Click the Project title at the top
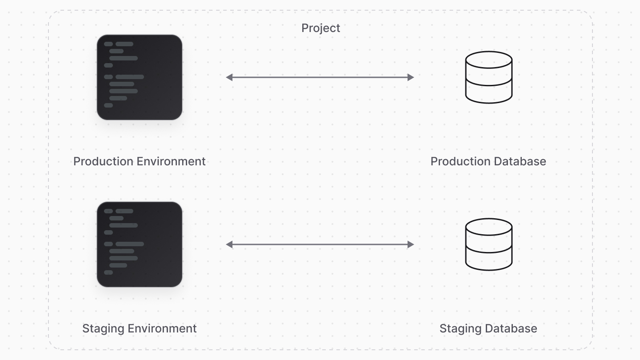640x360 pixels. [x=320, y=28]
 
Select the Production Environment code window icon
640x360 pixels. [x=140, y=77]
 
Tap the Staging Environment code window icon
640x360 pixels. [x=140, y=244]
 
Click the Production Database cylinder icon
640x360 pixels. [x=488, y=77]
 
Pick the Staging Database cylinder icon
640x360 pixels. [x=488, y=244]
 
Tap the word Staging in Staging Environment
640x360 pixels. [x=103, y=329]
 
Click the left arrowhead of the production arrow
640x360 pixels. [x=229, y=77]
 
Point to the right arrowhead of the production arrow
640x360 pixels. [x=411, y=77]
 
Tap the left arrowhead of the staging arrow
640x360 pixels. [x=229, y=244]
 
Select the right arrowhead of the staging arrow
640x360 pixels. [x=411, y=244]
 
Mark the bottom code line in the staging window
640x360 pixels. [x=108, y=272]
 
